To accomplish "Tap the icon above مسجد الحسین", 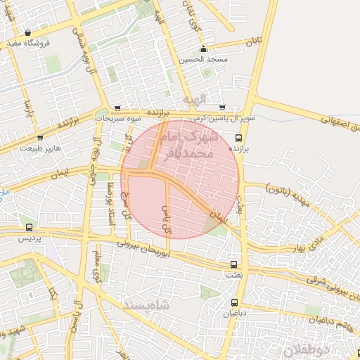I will (x=204, y=49).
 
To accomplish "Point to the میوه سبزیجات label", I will (x=117, y=119).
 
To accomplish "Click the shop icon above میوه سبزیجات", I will (x=117, y=108).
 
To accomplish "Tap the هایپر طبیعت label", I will (x=41, y=148).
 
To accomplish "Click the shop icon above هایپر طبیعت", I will (x=40, y=138).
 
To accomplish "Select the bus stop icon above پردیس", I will (x=29, y=228).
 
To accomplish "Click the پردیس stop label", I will (x=29, y=239).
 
